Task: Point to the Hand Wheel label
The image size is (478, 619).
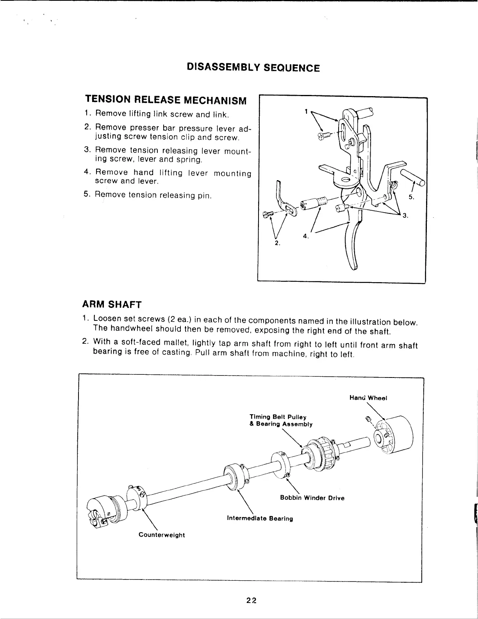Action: click(x=368, y=398)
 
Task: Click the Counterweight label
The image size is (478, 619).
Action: click(x=162, y=535)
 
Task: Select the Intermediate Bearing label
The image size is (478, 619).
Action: click(x=265, y=519)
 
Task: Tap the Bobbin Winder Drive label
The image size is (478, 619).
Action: click(x=312, y=498)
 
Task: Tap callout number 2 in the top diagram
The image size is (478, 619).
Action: click(x=277, y=243)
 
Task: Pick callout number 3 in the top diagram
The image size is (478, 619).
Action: click(x=405, y=215)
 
